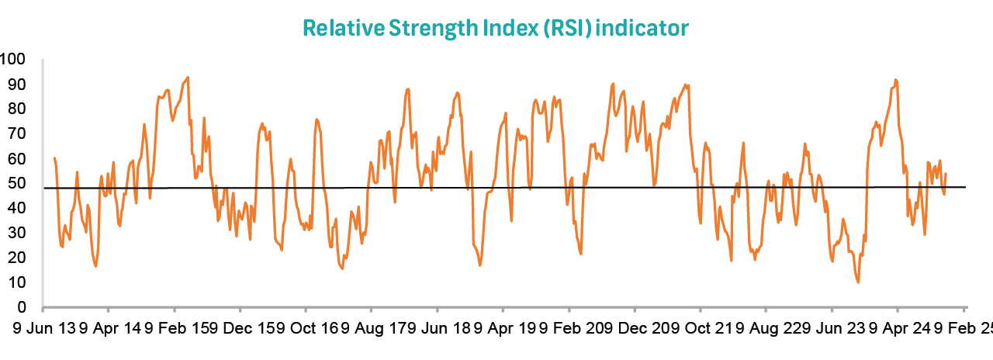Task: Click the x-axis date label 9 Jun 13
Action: tap(45, 328)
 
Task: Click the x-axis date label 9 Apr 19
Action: tap(507, 328)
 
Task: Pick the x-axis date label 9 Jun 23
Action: tap(836, 328)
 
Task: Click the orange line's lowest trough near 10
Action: tap(858, 282)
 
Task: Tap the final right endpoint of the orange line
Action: tap(946, 174)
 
